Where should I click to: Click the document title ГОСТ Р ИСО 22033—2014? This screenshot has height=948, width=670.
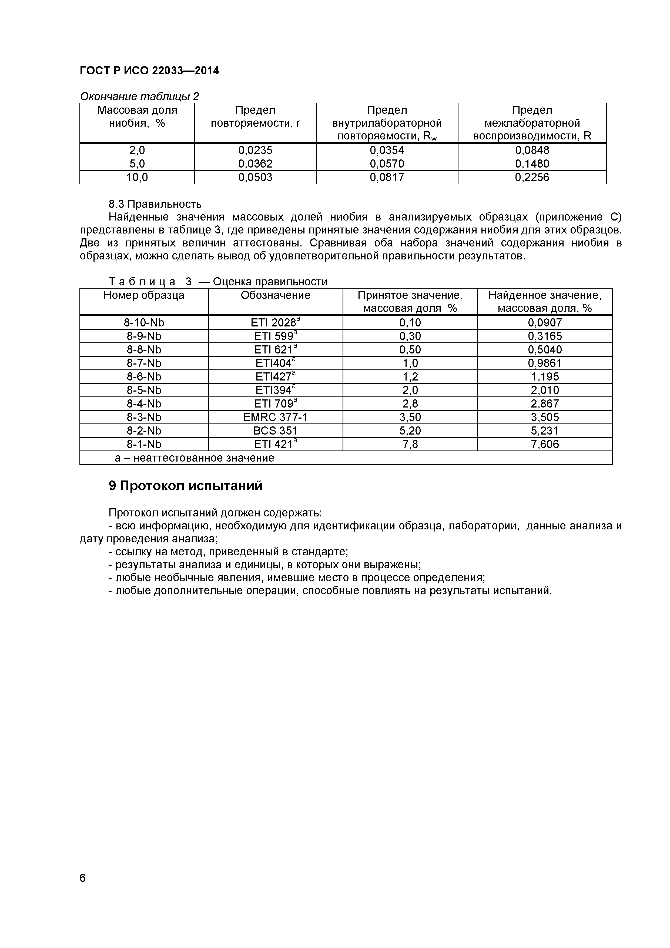click(149, 71)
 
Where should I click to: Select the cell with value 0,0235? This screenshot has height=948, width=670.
click(255, 150)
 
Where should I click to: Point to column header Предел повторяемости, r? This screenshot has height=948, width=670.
click(255, 117)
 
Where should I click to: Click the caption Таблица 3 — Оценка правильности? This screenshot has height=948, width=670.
click(217, 282)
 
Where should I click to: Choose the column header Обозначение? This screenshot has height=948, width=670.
click(275, 295)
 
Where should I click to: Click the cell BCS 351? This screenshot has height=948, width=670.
click(275, 431)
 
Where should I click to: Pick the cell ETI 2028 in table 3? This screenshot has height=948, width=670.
click(275, 322)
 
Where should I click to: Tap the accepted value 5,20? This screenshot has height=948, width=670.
click(410, 431)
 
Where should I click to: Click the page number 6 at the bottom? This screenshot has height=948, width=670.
click(83, 889)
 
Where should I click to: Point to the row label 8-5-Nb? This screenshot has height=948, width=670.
click(144, 390)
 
